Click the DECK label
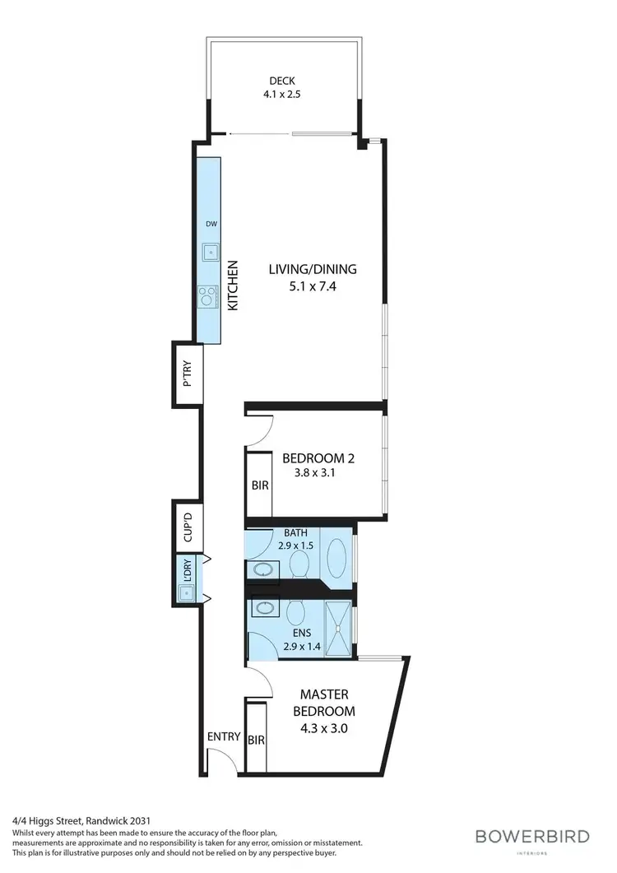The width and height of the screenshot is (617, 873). [282, 81]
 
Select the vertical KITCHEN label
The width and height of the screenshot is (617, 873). [233, 286]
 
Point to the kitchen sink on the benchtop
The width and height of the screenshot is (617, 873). [210, 252]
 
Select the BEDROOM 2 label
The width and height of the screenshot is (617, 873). [318, 457]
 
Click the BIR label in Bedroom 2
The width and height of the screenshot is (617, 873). [259, 485]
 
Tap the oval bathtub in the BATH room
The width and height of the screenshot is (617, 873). [336, 557]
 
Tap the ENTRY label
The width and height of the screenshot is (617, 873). [223, 736]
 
